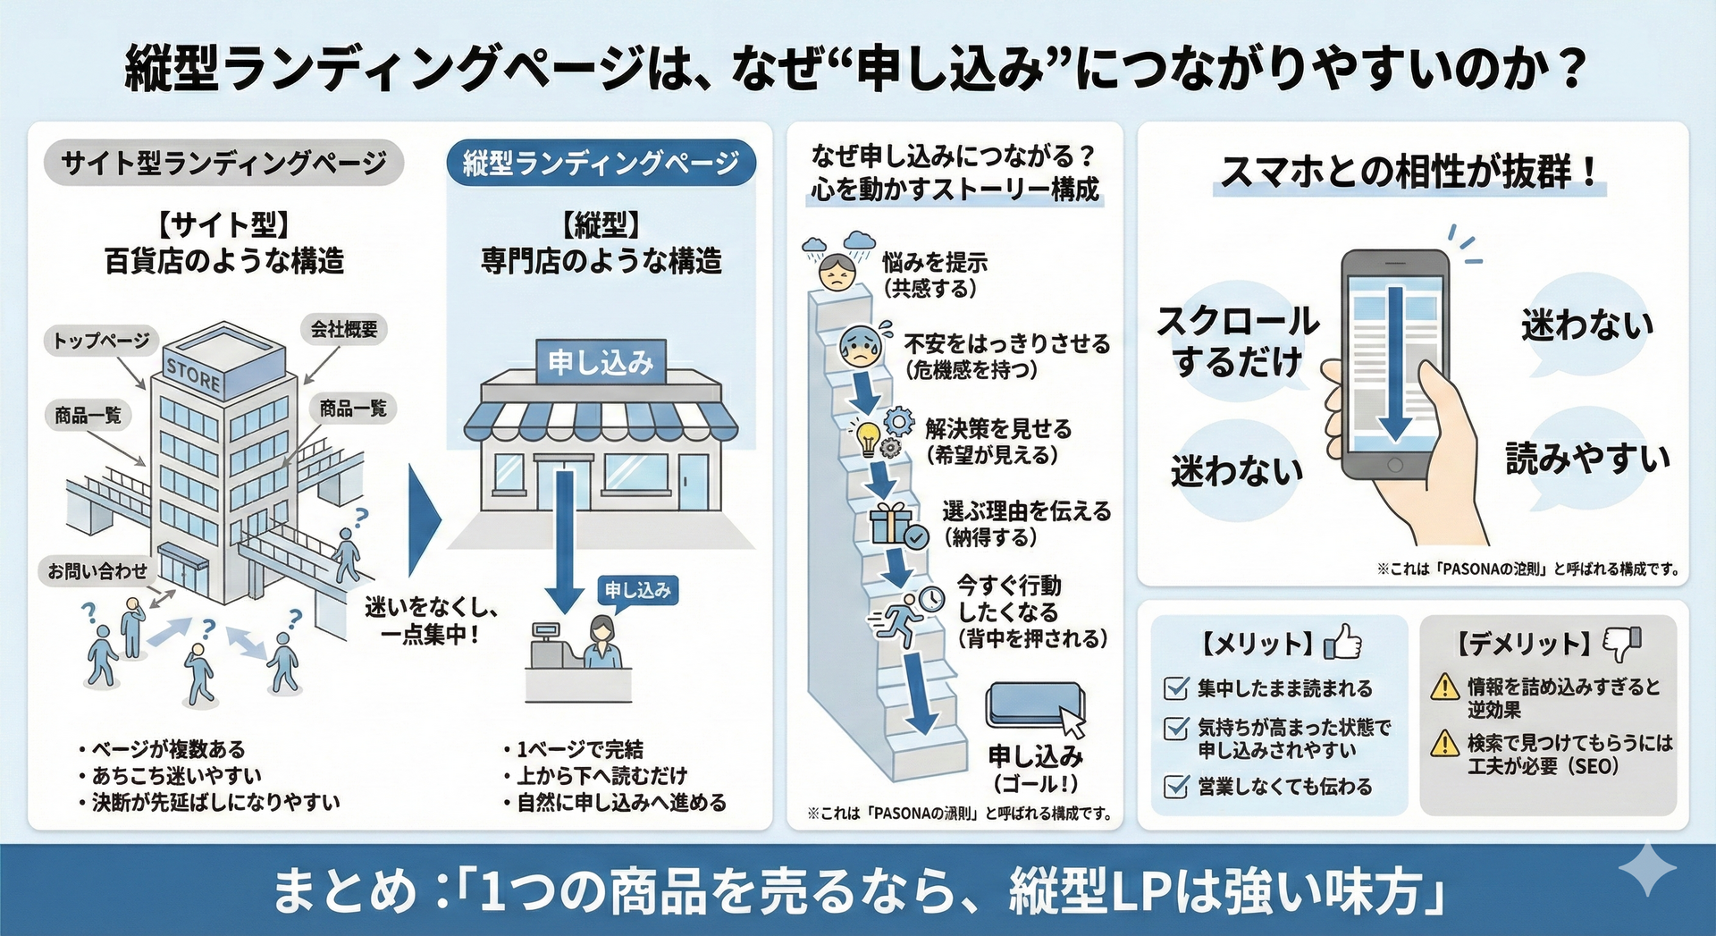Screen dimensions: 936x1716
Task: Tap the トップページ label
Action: pos(101,341)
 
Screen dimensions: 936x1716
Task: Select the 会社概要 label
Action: pos(344,330)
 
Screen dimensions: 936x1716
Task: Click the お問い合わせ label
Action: pos(97,570)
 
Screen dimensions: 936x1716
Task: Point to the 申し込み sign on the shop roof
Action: pos(601,362)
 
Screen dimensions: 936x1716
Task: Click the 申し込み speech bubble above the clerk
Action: pos(637,590)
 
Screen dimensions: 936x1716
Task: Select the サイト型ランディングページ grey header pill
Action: pos(223,163)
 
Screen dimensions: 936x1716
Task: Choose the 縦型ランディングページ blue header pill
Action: pos(601,163)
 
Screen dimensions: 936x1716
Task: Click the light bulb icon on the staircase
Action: pos(867,437)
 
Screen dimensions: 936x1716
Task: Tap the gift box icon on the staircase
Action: pos(891,524)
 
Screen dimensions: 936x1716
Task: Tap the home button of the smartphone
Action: pos(1395,466)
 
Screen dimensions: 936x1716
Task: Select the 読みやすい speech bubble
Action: pos(1587,459)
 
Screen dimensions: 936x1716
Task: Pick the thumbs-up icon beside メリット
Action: pos(1342,641)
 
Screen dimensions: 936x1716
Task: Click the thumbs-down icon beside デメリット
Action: pos(1622,641)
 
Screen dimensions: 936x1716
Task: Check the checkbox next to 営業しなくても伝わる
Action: pos(1176,787)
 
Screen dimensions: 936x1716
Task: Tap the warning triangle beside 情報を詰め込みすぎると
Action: pos(1444,687)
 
